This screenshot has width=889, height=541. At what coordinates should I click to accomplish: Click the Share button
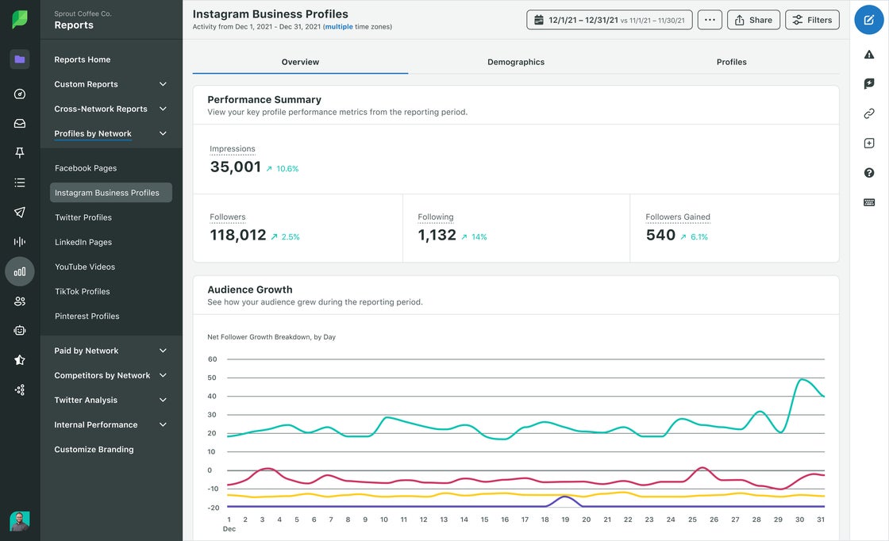click(753, 20)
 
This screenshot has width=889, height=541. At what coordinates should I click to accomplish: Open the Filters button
click(812, 20)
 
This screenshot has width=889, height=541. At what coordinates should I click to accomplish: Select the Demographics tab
click(516, 62)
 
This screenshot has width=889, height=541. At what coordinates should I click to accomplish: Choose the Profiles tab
click(731, 62)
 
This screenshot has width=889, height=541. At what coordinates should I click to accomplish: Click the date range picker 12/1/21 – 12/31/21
click(610, 20)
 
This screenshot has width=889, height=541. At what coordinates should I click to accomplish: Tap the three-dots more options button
click(710, 20)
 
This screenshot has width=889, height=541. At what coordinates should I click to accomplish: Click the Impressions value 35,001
click(236, 167)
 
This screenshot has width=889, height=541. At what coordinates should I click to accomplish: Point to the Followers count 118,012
click(238, 235)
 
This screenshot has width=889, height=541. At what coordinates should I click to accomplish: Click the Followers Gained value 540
click(660, 235)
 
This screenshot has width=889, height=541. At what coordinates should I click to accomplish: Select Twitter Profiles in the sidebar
click(83, 217)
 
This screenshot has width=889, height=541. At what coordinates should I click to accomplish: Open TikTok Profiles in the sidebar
click(82, 291)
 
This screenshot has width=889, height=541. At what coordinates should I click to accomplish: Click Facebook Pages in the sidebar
click(86, 168)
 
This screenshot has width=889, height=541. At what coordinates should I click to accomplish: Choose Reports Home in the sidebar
click(83, 59)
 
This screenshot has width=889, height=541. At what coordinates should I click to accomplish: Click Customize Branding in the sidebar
click(94, 449)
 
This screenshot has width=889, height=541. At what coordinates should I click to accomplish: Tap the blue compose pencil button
click(869, 20)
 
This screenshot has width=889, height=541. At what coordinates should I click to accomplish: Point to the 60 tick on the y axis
click(212, 359)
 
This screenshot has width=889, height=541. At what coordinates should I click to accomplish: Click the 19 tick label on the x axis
click(565, 520)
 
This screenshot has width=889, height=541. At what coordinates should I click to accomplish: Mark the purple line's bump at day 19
click(565, 497)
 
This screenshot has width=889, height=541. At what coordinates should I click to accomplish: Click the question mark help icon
click(869, 173)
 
